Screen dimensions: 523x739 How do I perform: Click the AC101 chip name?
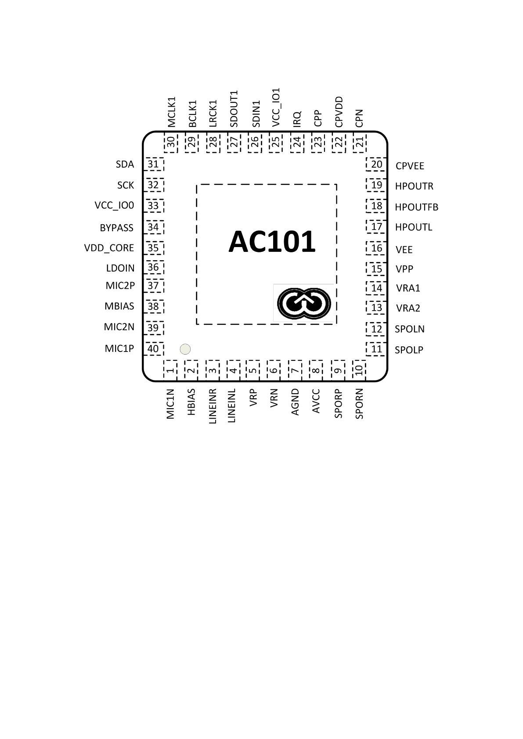click(272, 242)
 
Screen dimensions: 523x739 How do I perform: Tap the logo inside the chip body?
click(303, 303)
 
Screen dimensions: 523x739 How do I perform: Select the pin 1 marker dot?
click(185, 349)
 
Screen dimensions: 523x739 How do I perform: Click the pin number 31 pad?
click(153, 165)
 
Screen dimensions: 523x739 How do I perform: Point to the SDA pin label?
click(125, 165)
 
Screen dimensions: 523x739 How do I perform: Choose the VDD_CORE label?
click(109, 248)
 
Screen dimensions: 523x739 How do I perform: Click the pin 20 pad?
click(376, 165)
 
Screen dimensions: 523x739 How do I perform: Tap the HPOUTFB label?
click(416, 207)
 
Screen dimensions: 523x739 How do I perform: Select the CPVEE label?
click(410, 166)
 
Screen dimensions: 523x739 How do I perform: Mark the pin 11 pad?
click(376, 349)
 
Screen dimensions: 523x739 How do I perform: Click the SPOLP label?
click(409, 350)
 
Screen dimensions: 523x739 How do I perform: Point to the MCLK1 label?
click(171, 112)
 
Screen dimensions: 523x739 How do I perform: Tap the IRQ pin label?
click(297, 119)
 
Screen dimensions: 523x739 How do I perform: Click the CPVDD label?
click(339, 112)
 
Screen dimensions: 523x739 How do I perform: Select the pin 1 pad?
click(170, 370)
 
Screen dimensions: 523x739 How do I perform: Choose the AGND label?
click(295, 402)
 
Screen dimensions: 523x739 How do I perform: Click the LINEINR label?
click(213, 406)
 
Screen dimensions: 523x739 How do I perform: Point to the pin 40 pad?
click(153, 349)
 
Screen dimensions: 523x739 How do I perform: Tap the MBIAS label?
click(119, 306)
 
